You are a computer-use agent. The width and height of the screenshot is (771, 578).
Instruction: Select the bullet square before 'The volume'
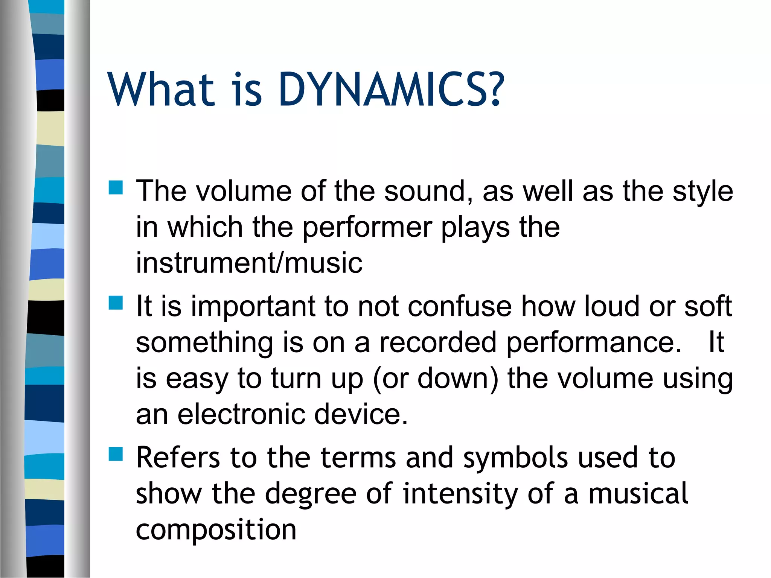(116, 187)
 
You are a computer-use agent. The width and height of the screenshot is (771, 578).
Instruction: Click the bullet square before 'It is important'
(116, 303)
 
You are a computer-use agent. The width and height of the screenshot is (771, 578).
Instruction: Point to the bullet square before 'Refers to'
(116, 454)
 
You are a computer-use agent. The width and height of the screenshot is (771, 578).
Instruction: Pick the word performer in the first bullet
(367, 228)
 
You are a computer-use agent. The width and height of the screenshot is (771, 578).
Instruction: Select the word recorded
(437, 342)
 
